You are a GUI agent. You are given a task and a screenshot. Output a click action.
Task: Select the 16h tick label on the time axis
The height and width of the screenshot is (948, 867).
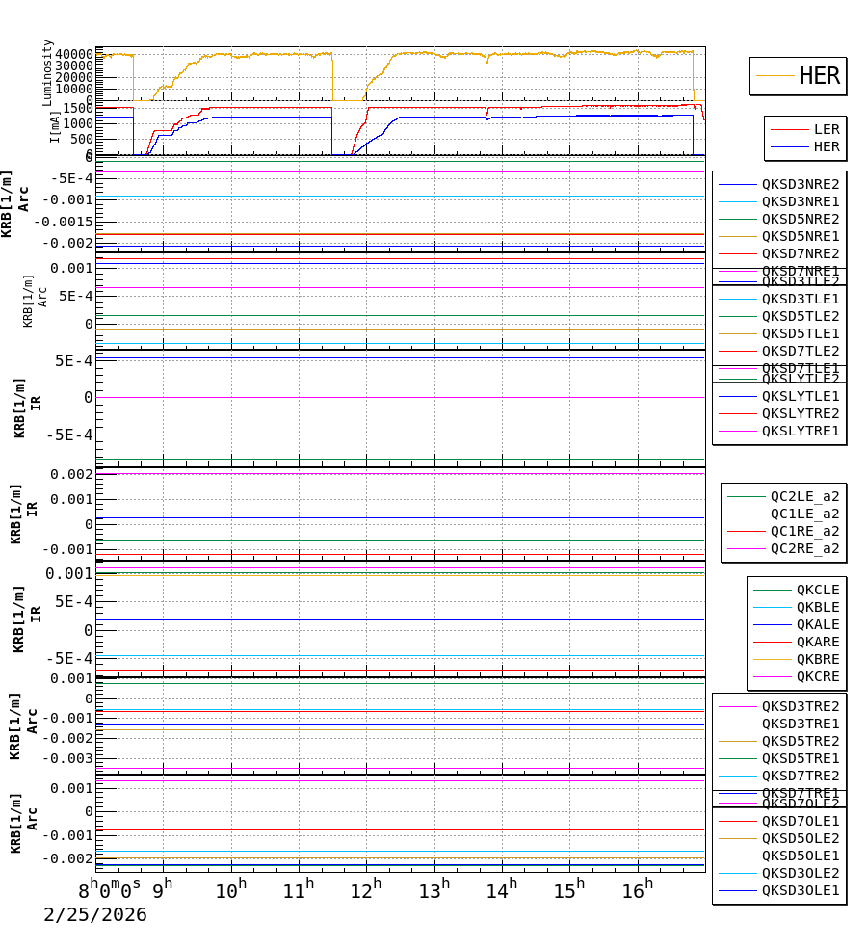637,890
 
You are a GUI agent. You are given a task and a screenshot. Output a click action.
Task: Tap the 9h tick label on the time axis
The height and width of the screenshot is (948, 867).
163,890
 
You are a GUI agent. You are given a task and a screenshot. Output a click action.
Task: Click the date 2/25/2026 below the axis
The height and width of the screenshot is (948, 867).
95,915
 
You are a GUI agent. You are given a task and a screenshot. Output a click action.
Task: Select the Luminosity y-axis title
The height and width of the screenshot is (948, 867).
48,72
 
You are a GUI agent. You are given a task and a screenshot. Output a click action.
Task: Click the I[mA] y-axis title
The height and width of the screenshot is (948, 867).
55,127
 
